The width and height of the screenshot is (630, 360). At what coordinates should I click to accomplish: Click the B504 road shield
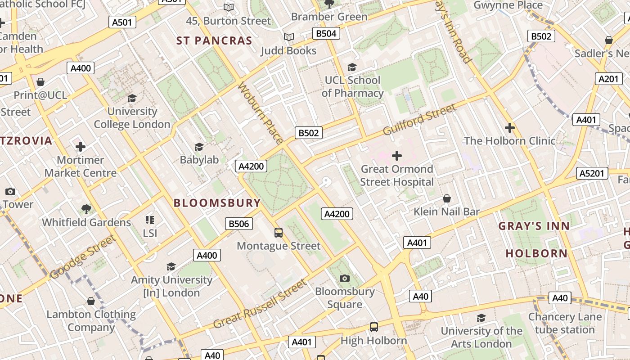326,33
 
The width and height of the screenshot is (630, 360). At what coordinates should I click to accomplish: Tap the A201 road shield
609,79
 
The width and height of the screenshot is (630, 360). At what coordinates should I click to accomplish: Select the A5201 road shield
592,173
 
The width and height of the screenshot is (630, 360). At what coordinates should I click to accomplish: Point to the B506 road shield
239,224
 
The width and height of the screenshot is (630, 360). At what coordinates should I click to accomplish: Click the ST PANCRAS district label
214,41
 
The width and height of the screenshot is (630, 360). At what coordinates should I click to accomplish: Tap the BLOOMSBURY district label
217,203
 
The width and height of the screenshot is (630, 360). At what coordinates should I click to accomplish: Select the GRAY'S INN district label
534,226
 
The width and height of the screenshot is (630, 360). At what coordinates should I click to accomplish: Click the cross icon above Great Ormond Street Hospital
397,156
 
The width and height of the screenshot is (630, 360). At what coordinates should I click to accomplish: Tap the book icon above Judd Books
289,37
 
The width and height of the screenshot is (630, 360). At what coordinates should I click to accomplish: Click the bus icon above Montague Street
279,233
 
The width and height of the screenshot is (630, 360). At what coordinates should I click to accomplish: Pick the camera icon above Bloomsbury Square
345,278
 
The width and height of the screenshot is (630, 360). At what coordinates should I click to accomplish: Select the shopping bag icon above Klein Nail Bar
447,198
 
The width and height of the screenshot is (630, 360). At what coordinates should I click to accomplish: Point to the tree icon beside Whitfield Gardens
86,209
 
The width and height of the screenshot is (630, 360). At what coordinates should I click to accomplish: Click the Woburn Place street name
260,112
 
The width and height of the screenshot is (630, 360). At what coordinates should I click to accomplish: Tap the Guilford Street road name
419,119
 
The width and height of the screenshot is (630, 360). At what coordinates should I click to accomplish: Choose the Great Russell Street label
260,304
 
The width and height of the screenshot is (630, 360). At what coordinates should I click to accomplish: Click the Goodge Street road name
83,257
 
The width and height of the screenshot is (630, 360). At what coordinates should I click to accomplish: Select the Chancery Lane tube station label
565,323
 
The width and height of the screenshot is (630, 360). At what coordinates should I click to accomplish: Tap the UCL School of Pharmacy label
352,87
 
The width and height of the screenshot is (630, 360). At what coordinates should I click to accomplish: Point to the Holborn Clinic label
509,141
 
